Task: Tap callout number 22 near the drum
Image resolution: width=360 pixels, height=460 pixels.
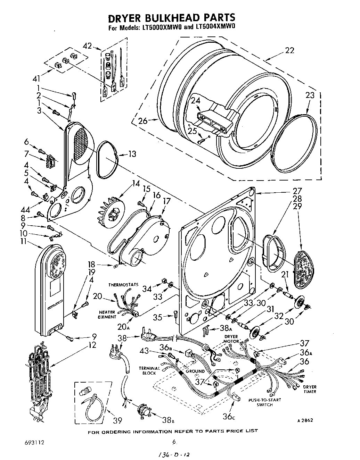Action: [289, 50]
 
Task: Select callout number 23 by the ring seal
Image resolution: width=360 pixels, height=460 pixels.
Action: [310, 95]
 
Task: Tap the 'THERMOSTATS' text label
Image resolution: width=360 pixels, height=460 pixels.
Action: [123, 284]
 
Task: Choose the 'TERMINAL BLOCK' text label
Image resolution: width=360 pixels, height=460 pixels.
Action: [149, 370]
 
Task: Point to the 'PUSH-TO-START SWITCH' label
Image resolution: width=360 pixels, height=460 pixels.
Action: [264, 402]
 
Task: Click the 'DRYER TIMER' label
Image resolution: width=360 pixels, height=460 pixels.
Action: [309, 389]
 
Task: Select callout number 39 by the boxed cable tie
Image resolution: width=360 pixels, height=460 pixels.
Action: [118, 420]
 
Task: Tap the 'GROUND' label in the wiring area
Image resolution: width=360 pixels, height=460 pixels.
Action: [195, 371]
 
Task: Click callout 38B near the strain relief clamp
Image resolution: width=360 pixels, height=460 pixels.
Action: [167, 421]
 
